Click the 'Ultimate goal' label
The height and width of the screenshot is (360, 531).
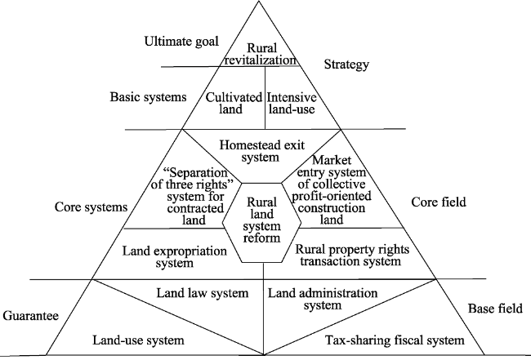pos(181,42)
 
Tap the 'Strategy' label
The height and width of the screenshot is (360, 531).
pos(346,64)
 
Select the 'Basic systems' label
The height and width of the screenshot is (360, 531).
pos(148,97)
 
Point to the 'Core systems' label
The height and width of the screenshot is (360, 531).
pos(91,207)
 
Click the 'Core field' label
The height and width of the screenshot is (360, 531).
pos(439,202)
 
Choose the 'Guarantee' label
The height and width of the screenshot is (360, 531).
pos(31,316)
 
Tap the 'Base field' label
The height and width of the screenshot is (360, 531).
pos(495,309)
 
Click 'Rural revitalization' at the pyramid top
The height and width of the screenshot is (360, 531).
pos(261,54)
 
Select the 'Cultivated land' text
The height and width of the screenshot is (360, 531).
pos(234,103)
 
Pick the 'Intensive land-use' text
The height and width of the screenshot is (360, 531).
pos(292,103)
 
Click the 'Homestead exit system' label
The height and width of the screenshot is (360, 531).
pos(261,151)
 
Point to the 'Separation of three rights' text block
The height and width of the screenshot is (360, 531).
pos(193,196)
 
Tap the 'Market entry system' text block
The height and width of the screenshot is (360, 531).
pos(332,189)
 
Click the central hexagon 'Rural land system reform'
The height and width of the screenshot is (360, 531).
pos(261,220)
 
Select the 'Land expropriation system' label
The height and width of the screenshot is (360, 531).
pos(174,257)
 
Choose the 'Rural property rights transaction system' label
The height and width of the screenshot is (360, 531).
pos(352,256)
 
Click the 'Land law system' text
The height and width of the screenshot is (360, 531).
pos(203,293)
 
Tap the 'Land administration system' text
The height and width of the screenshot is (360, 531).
pos(323,299)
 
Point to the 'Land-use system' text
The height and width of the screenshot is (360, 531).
pos(139,340)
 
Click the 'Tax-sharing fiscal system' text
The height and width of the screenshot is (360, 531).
pos(395,340)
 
